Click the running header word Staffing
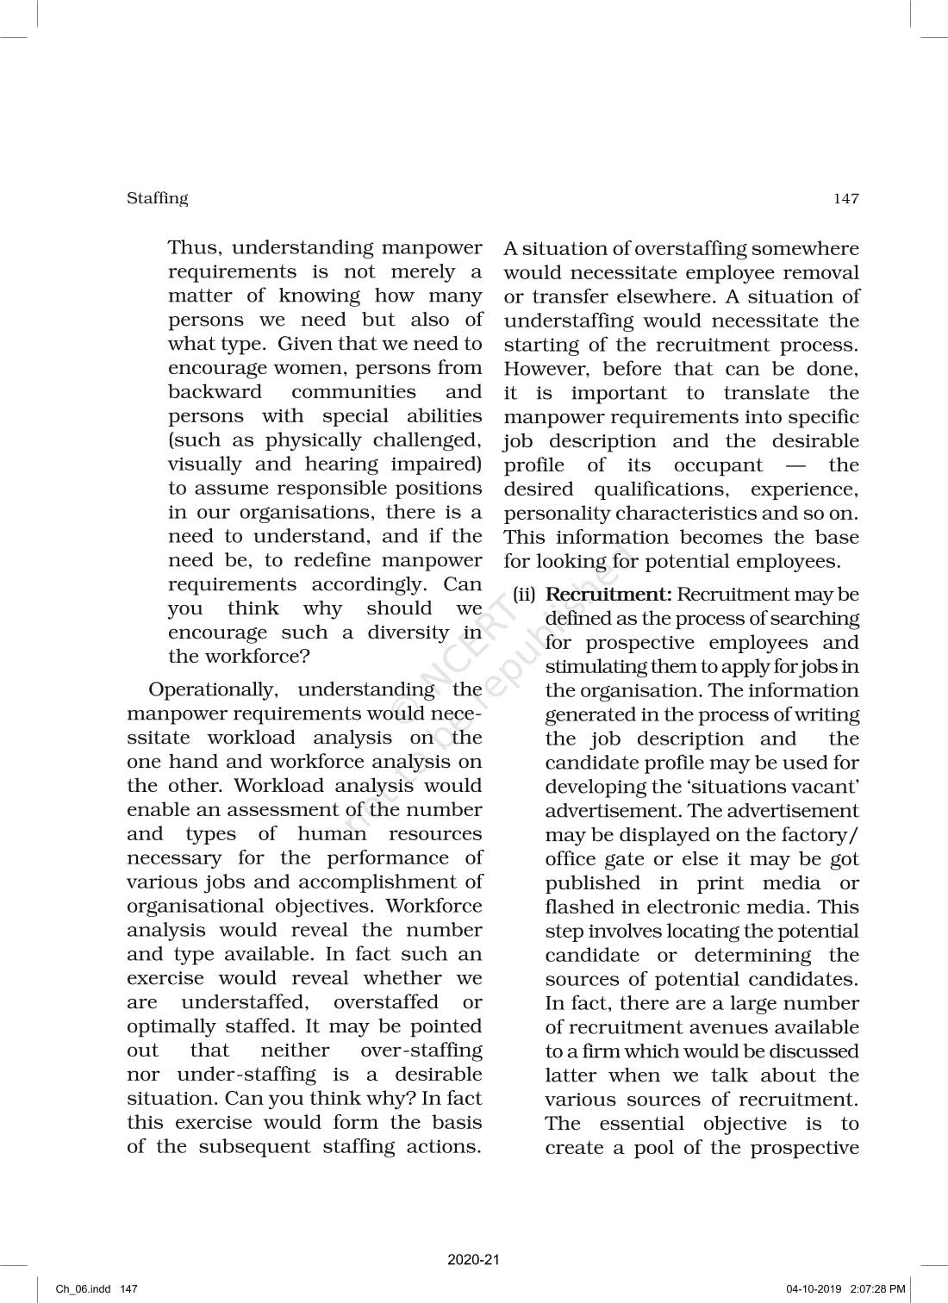coord(157,198)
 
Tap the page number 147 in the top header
coord(846,199)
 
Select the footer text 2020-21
coord(473,1260)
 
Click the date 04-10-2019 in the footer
coord(813,1289)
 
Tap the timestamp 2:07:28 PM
coord(877,1289)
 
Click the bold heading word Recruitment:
coord(608,595)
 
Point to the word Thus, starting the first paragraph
coord(196,248)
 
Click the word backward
coord(215,392)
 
